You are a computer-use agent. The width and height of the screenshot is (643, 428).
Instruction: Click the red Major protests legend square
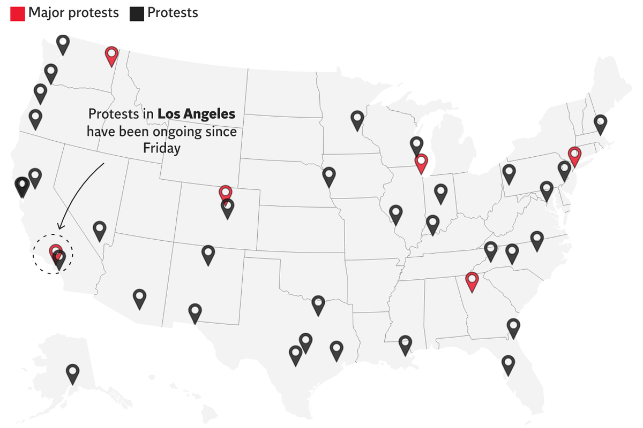click(18, 13)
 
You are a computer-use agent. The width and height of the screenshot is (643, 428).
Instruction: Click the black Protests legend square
click(137, 13)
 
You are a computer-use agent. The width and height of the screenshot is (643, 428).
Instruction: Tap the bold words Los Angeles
click(196, 114)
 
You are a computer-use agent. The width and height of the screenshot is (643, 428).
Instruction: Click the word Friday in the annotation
click(162, 148)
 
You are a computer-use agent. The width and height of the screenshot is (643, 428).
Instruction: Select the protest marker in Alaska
click(72, 373)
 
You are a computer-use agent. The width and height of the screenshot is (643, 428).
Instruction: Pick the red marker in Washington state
click(111, 55)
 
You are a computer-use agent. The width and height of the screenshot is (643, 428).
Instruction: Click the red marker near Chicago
click(421, 163)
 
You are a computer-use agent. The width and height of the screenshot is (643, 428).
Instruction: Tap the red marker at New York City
click(574, 156)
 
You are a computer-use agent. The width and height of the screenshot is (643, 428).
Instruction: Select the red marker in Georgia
click(472, 281)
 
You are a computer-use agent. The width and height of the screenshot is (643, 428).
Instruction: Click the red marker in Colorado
click(226, 193)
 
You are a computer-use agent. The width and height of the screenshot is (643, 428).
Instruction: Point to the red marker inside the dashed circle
click(55, 251)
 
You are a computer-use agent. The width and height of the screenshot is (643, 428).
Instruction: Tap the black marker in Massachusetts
click(601, 124)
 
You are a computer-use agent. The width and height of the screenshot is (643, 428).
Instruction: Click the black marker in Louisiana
click(406, 344)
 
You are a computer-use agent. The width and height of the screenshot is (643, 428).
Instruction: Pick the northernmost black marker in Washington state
click(63, 44)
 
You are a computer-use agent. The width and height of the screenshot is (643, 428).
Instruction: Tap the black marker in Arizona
click(139, 298)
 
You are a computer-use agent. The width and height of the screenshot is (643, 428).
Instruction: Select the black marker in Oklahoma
click(318, 304)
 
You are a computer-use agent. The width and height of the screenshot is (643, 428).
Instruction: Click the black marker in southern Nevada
click(100, 231)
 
